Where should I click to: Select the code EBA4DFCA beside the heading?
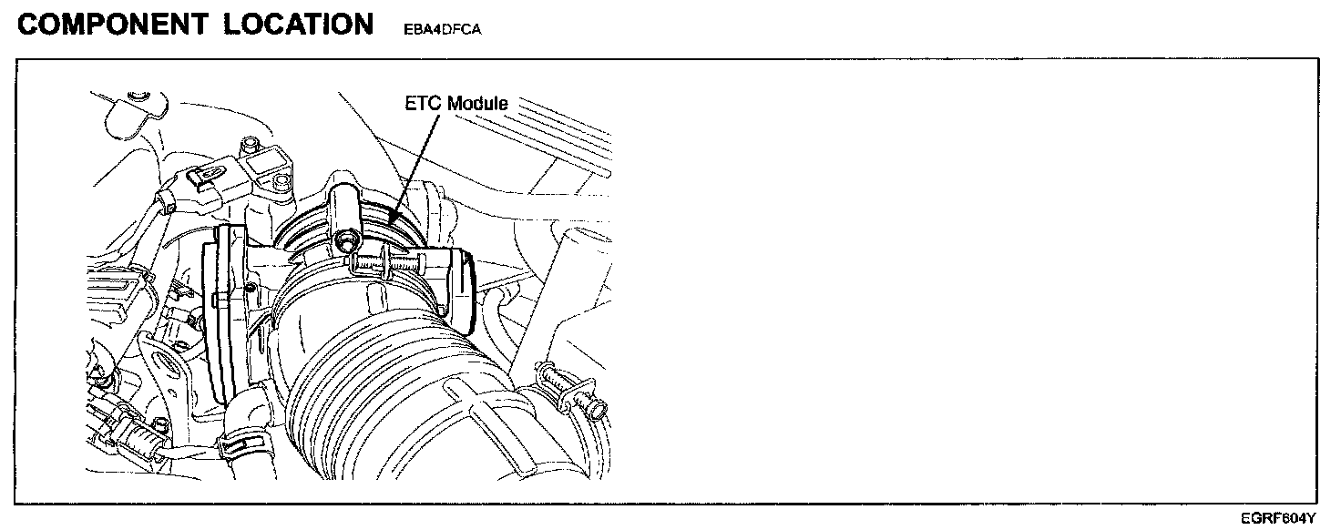pos(441,29)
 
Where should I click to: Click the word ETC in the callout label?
pos(425,104)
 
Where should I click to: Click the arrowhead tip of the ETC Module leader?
pos(389,223)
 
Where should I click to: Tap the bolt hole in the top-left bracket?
pos(138,97)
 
